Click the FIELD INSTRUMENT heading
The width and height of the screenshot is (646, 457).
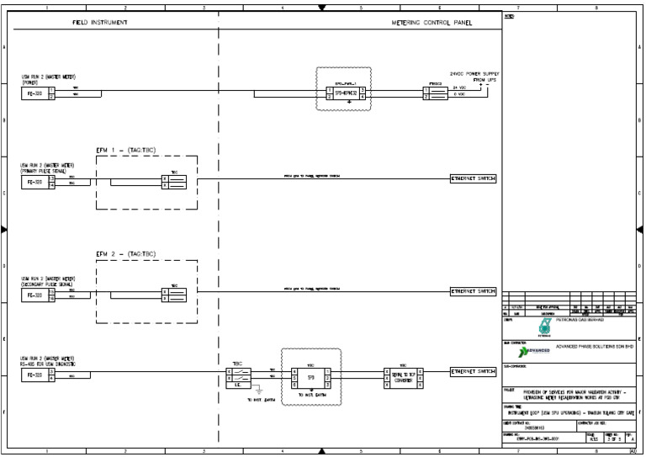pos(100,23)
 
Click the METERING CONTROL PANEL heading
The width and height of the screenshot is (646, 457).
pos(432,23)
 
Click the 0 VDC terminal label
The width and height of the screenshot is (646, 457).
pos(460,96)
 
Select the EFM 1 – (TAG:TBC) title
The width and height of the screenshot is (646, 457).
pos(125,150)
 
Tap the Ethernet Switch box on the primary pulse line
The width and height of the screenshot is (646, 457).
pos(474,178)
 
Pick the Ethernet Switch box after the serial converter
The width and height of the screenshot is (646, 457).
pos(474,371)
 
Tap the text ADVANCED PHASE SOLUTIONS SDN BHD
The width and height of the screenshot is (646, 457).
pos(593,347)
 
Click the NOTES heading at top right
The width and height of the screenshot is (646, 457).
pos(510,17)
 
